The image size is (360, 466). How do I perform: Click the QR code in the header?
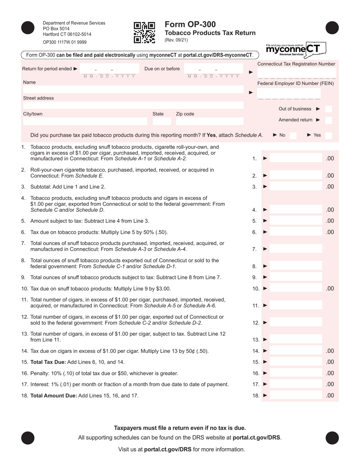144,32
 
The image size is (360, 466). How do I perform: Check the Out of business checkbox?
329,109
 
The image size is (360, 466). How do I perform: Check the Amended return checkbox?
329,120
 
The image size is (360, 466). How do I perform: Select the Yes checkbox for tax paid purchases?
329,135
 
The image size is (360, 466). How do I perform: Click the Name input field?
133,90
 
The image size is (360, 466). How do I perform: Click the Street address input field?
133,105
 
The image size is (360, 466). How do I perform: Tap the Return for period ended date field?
110,69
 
